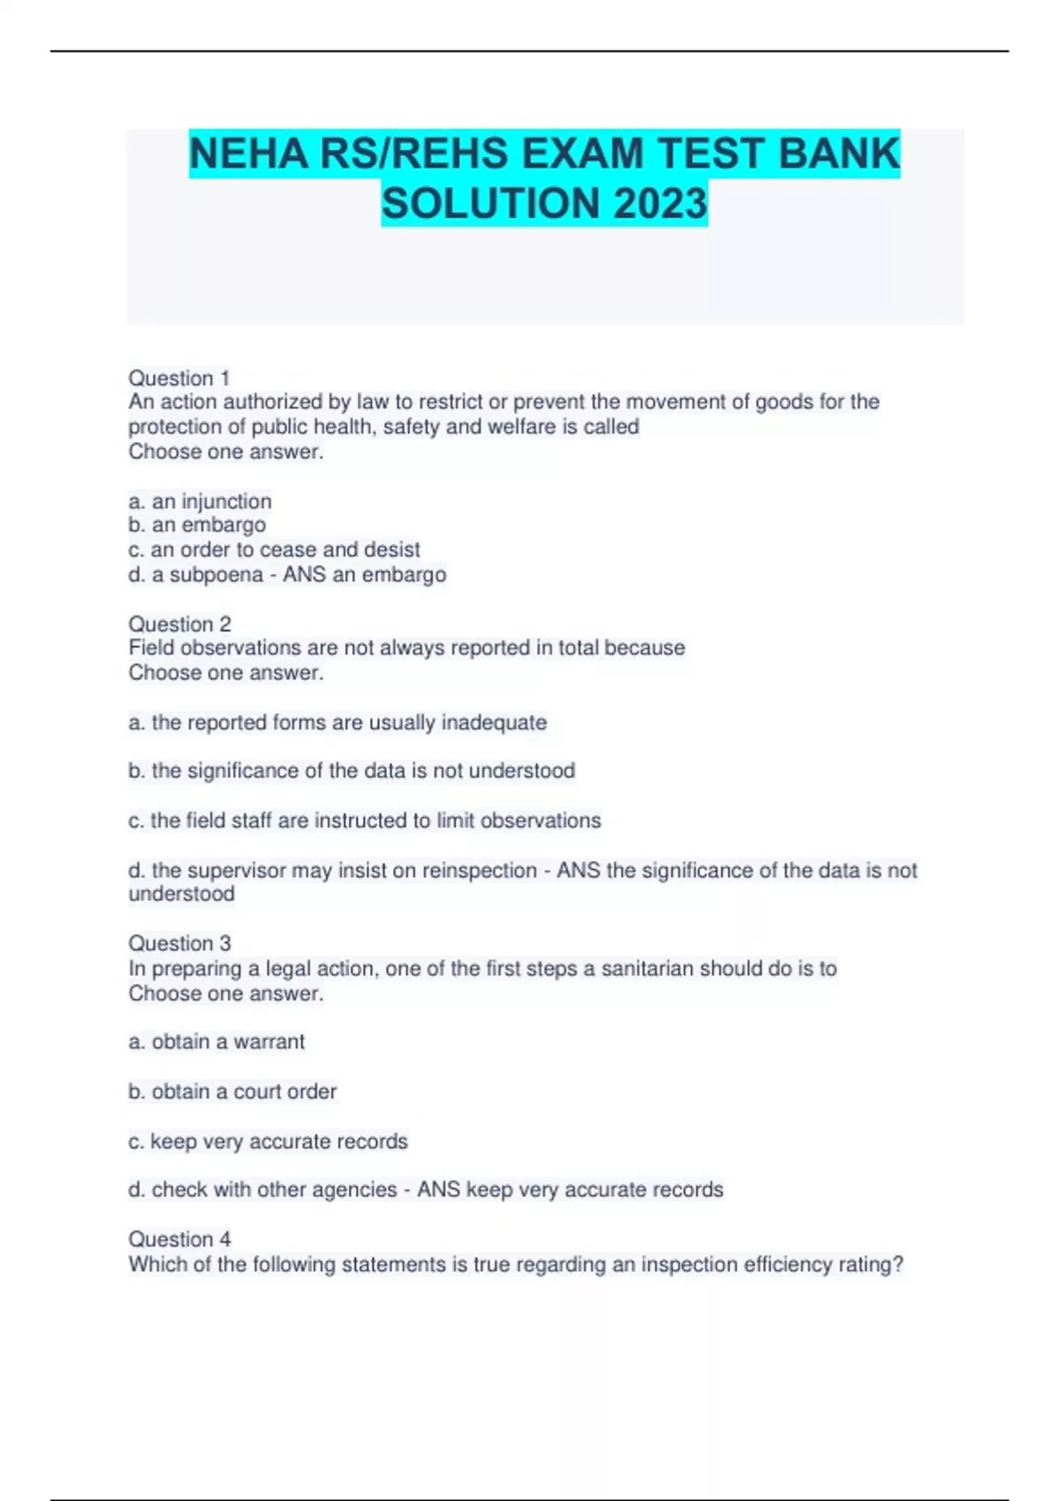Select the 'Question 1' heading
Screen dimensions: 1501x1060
click(x=179, y=378)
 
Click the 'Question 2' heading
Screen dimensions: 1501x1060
click(x=179, y=623)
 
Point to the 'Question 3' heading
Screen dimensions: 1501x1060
click(x=179, y=943)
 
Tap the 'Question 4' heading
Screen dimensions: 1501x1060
click(x=179, y=1239)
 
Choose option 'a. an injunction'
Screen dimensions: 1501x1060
click(x=200, y=502)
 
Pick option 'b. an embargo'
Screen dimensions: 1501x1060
click(x=197, y=524)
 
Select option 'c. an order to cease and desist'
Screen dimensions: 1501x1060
click(x=274, y=549)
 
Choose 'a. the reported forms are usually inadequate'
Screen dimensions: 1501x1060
click(x=337, y=722)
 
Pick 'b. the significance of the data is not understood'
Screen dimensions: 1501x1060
click(x=352, y=771)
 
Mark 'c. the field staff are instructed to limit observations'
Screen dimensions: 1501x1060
click(x=364, y=820)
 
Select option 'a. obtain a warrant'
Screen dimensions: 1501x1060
click(x=216, y=1042)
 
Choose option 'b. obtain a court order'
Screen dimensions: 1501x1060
click(x=232, y=1091)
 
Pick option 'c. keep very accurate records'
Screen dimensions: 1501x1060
click(x=268, y=1142)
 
